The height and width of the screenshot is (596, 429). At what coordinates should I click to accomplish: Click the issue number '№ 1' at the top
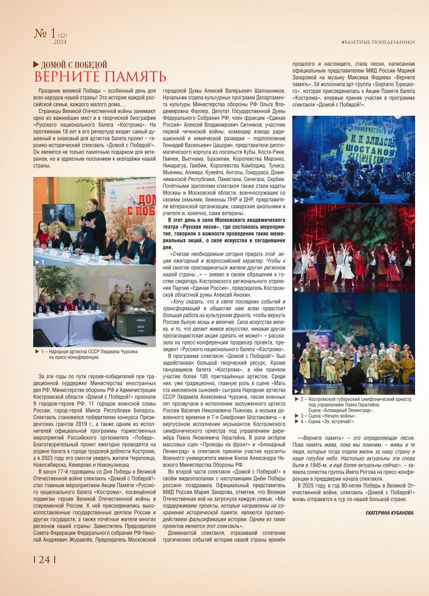coord(45,33)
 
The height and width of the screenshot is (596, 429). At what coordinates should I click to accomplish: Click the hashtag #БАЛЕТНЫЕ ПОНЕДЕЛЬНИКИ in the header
coord(378,42)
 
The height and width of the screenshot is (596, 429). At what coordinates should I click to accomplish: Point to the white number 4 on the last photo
coord(302,391)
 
